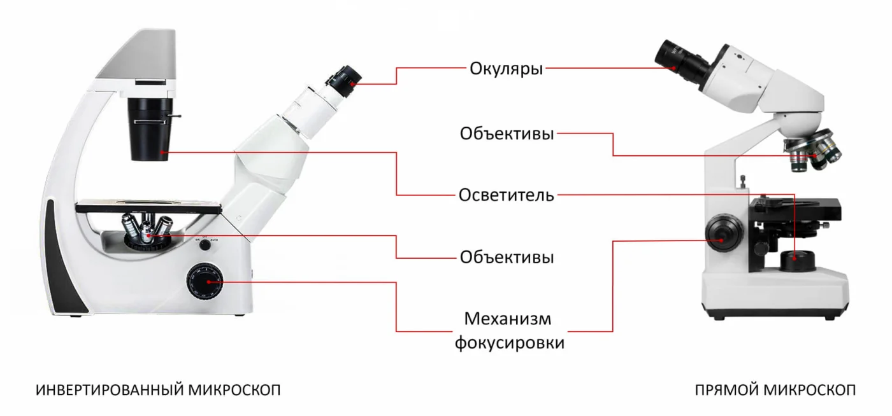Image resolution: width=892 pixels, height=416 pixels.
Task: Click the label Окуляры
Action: click(x=506, y=69)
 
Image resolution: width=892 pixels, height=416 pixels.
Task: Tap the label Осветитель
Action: click(x=506, y=195)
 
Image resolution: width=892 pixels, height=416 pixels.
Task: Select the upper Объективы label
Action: click(x=507, y=134)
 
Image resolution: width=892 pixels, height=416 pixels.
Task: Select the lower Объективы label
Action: click(x=507, y=258)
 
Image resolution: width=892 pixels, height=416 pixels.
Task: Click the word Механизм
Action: click(x=508, y=319)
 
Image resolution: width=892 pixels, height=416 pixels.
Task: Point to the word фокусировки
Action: click(x=509, y=343)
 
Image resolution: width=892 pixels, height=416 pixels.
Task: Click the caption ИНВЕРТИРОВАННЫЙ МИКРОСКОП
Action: click(x=158, y=390)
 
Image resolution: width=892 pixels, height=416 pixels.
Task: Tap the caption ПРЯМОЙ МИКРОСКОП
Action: click(x=775, y=390)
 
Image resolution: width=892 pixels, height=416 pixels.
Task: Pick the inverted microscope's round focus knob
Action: click(x=205, y=282)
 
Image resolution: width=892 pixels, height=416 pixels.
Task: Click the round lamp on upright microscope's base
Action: click(x=797, y=261)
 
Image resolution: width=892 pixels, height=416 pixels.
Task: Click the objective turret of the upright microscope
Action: click(x=813, y=150)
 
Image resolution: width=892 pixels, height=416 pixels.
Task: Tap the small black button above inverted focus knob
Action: click(x=205, y=246)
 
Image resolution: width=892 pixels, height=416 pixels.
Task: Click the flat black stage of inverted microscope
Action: click(x=148, y=207)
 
